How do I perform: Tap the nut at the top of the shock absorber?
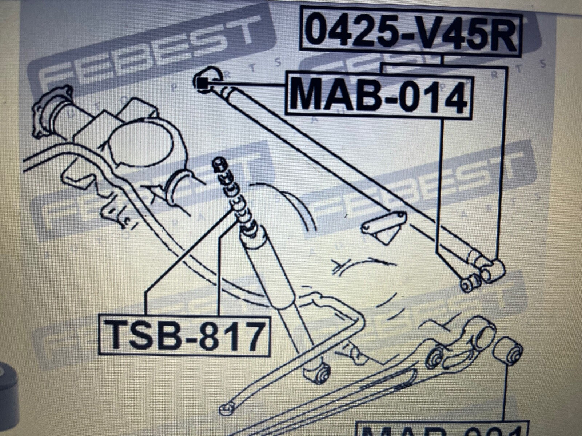click(219, 164)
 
